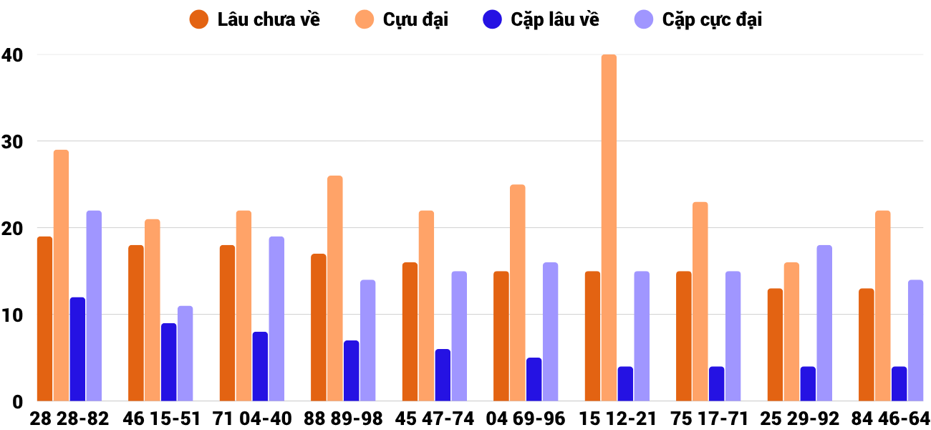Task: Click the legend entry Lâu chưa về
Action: click(255, 19)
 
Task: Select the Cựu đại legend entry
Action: click(402, 19)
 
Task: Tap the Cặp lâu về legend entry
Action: click(541, 19)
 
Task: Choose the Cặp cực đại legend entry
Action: click(698, 19)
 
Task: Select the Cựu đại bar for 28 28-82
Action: click(61, 275)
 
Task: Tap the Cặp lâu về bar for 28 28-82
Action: click(77, 349)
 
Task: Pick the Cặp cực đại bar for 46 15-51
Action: click(185, 353)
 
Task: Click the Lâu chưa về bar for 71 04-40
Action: click(227, 323)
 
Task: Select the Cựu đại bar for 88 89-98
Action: click(334, 288)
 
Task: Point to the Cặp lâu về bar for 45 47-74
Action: click(443, 375)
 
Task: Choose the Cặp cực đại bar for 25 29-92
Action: click(824, 323)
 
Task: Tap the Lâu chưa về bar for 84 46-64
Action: click(866, 345)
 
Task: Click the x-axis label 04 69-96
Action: click(526, 419)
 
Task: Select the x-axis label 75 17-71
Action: click(708, 419)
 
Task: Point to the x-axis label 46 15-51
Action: click(161, 419)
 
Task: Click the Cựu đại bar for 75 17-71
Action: click(700, 302)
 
